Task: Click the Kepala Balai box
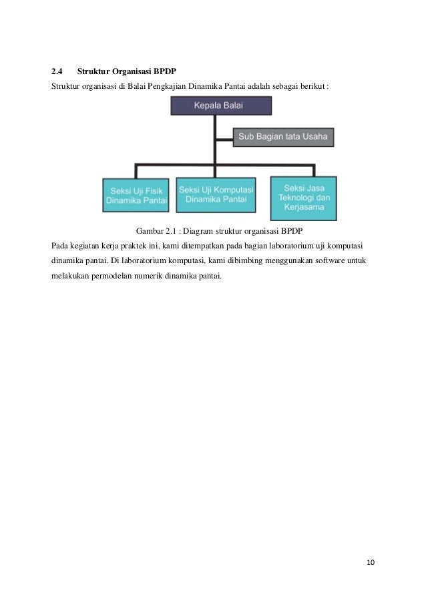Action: pyautogui.click(x=221, y=106)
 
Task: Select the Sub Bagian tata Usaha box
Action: pyautogui.click(x=283, y=138)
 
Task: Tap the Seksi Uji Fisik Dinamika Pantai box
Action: pyautogui.click(x=136, y=194)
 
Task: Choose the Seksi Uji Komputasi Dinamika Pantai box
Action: pyautogui.click(x=216, y=194)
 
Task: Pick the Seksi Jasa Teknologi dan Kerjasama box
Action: pyautogui.click(x=303, y=198)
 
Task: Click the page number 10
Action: pyautogui.click(x=371, y=562)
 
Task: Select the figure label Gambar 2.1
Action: pyautogui.click(x=155, y=231)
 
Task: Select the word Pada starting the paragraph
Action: pyautogui.click(x=60, y=245)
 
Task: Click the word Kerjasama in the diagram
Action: pyautogui.click(x=303, y=208)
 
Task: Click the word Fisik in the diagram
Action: pyautogui.click(x=152, y=190)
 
